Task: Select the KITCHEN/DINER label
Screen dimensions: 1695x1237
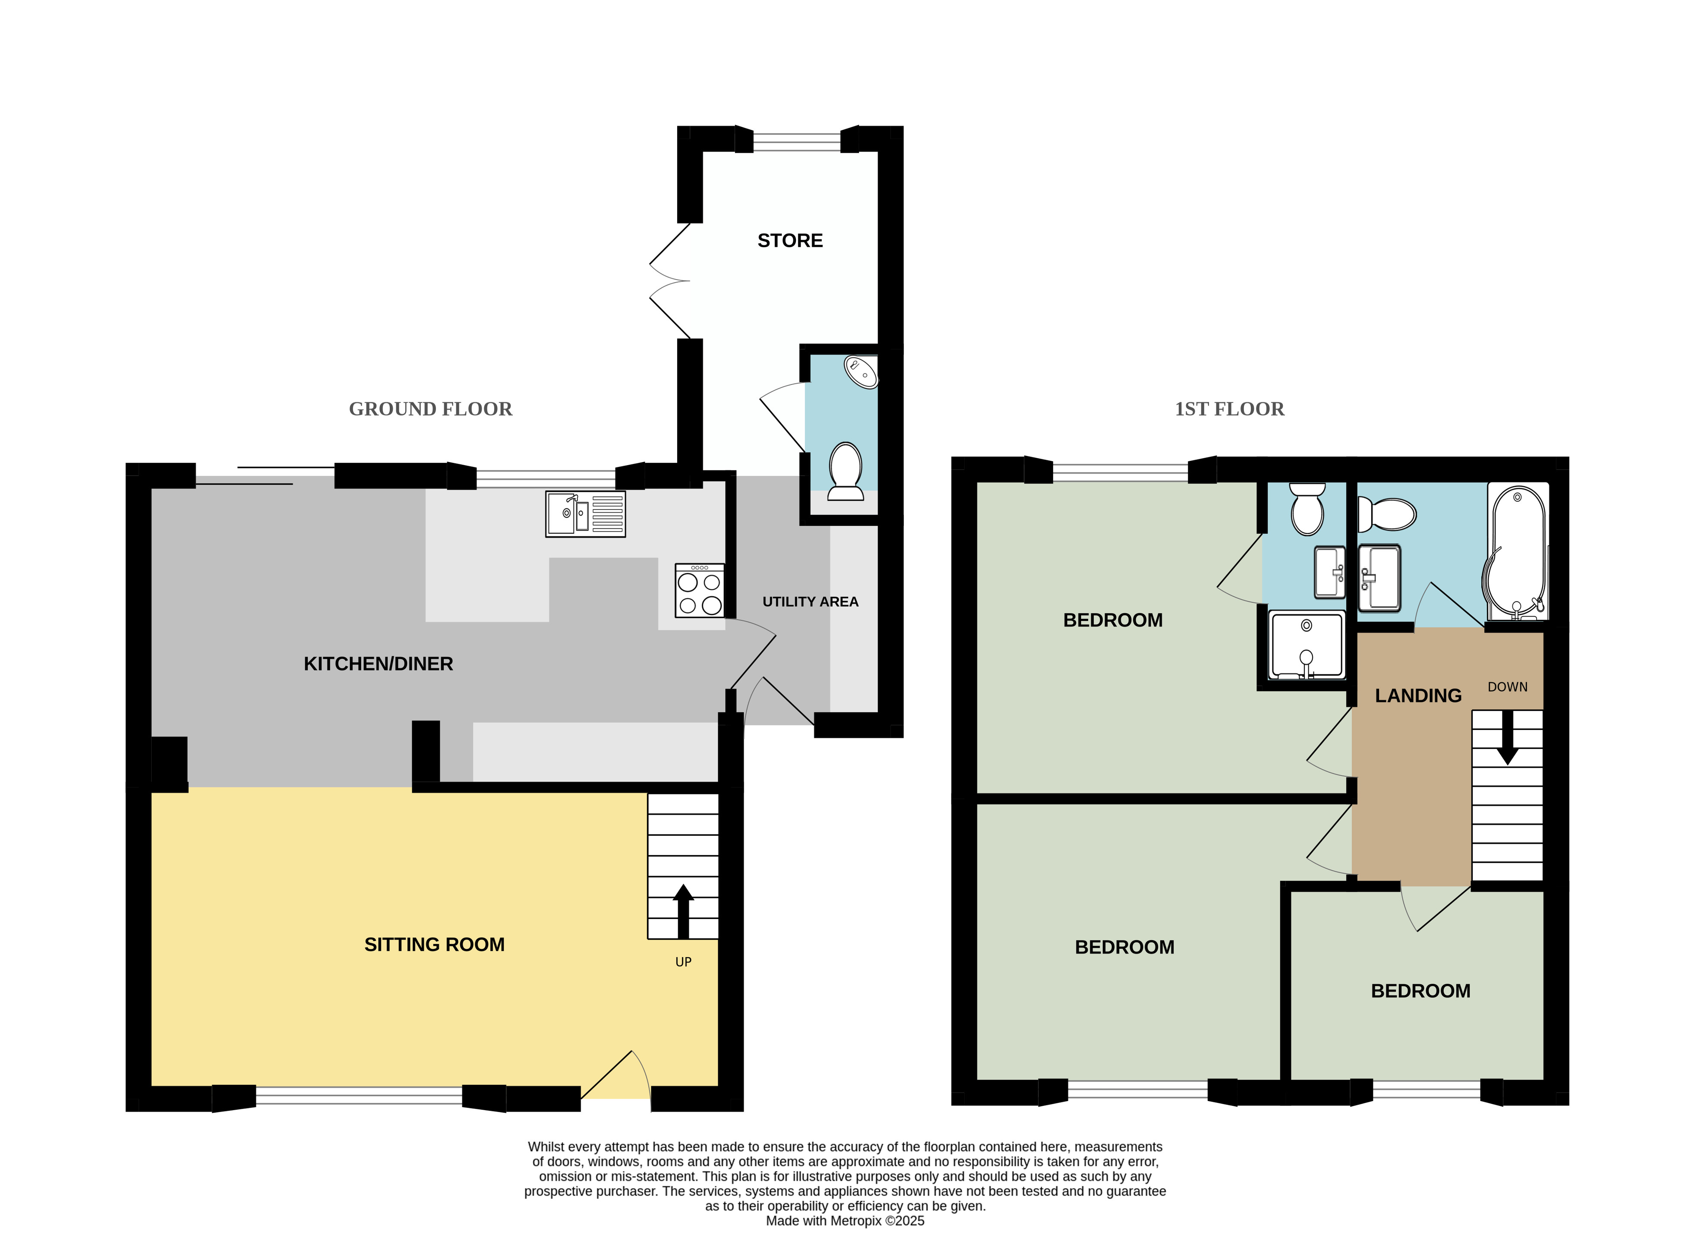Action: coord(378,664)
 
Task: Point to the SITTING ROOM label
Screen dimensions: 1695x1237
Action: coord(434,944)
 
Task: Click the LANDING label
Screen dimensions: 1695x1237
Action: coord(1418,696)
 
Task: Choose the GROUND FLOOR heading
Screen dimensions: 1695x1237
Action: coord(431,409)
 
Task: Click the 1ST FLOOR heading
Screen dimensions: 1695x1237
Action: coord(1229,409)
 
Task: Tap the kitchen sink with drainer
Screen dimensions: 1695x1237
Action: coord(585,514)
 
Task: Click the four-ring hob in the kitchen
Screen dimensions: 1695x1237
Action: coord(700,590)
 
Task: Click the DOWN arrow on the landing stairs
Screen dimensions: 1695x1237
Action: coord(1507,737)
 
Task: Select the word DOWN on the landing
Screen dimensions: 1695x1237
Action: coord(1507,686)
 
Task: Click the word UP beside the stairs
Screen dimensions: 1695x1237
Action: coord(683,961)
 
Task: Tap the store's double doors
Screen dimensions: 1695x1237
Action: coord(669,281)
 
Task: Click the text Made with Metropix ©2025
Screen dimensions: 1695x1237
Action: coord(845,1221)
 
